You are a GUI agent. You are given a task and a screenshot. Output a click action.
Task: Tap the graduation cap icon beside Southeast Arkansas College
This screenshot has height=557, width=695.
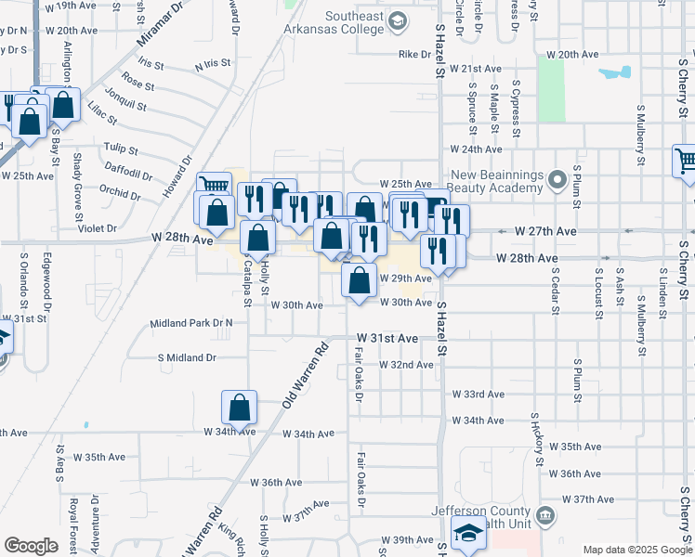397,20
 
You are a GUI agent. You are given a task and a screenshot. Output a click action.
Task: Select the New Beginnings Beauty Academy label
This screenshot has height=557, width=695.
495,181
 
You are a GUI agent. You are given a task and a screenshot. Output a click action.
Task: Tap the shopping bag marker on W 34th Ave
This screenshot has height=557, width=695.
239,407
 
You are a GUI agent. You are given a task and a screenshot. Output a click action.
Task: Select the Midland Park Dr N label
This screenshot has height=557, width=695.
191,323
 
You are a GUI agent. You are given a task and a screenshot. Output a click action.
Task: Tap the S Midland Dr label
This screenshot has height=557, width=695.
187,356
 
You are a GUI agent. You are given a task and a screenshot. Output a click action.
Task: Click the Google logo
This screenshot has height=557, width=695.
31,546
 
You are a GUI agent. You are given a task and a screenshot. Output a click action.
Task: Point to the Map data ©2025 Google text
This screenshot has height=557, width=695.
637,550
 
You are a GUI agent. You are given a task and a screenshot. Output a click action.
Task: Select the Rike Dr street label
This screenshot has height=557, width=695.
409,54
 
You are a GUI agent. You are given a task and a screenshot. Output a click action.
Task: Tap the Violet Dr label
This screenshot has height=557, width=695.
98,227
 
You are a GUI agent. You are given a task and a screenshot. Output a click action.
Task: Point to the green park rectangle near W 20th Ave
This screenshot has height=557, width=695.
551,89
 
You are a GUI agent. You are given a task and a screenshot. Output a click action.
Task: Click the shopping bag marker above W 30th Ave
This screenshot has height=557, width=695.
360,278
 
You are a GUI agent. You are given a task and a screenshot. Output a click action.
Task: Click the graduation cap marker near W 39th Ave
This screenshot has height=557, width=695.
467,534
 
